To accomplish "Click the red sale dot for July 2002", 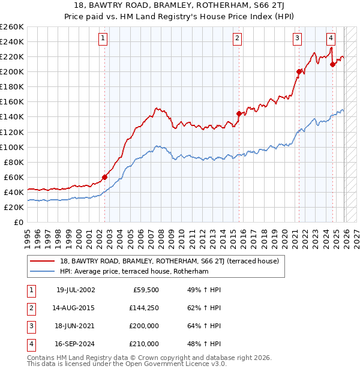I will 104,177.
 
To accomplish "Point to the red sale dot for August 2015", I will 239,113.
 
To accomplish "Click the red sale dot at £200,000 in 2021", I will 298,71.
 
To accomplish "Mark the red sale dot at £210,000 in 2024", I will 332,64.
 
